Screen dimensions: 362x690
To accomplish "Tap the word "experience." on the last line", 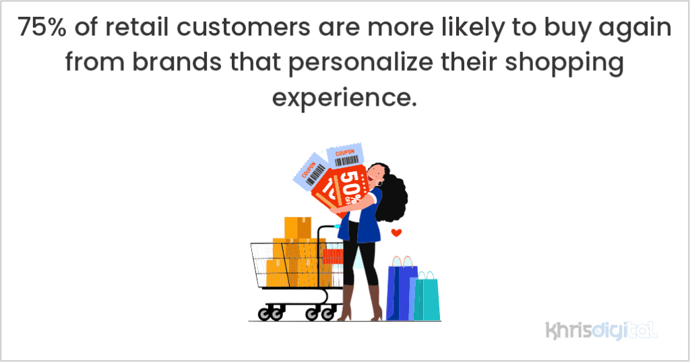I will point(344,99).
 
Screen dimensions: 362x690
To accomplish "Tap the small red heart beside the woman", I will point(396,233).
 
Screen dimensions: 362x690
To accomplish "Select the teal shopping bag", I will point(427,299).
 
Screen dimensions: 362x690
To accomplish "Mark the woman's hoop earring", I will point(381,183).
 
